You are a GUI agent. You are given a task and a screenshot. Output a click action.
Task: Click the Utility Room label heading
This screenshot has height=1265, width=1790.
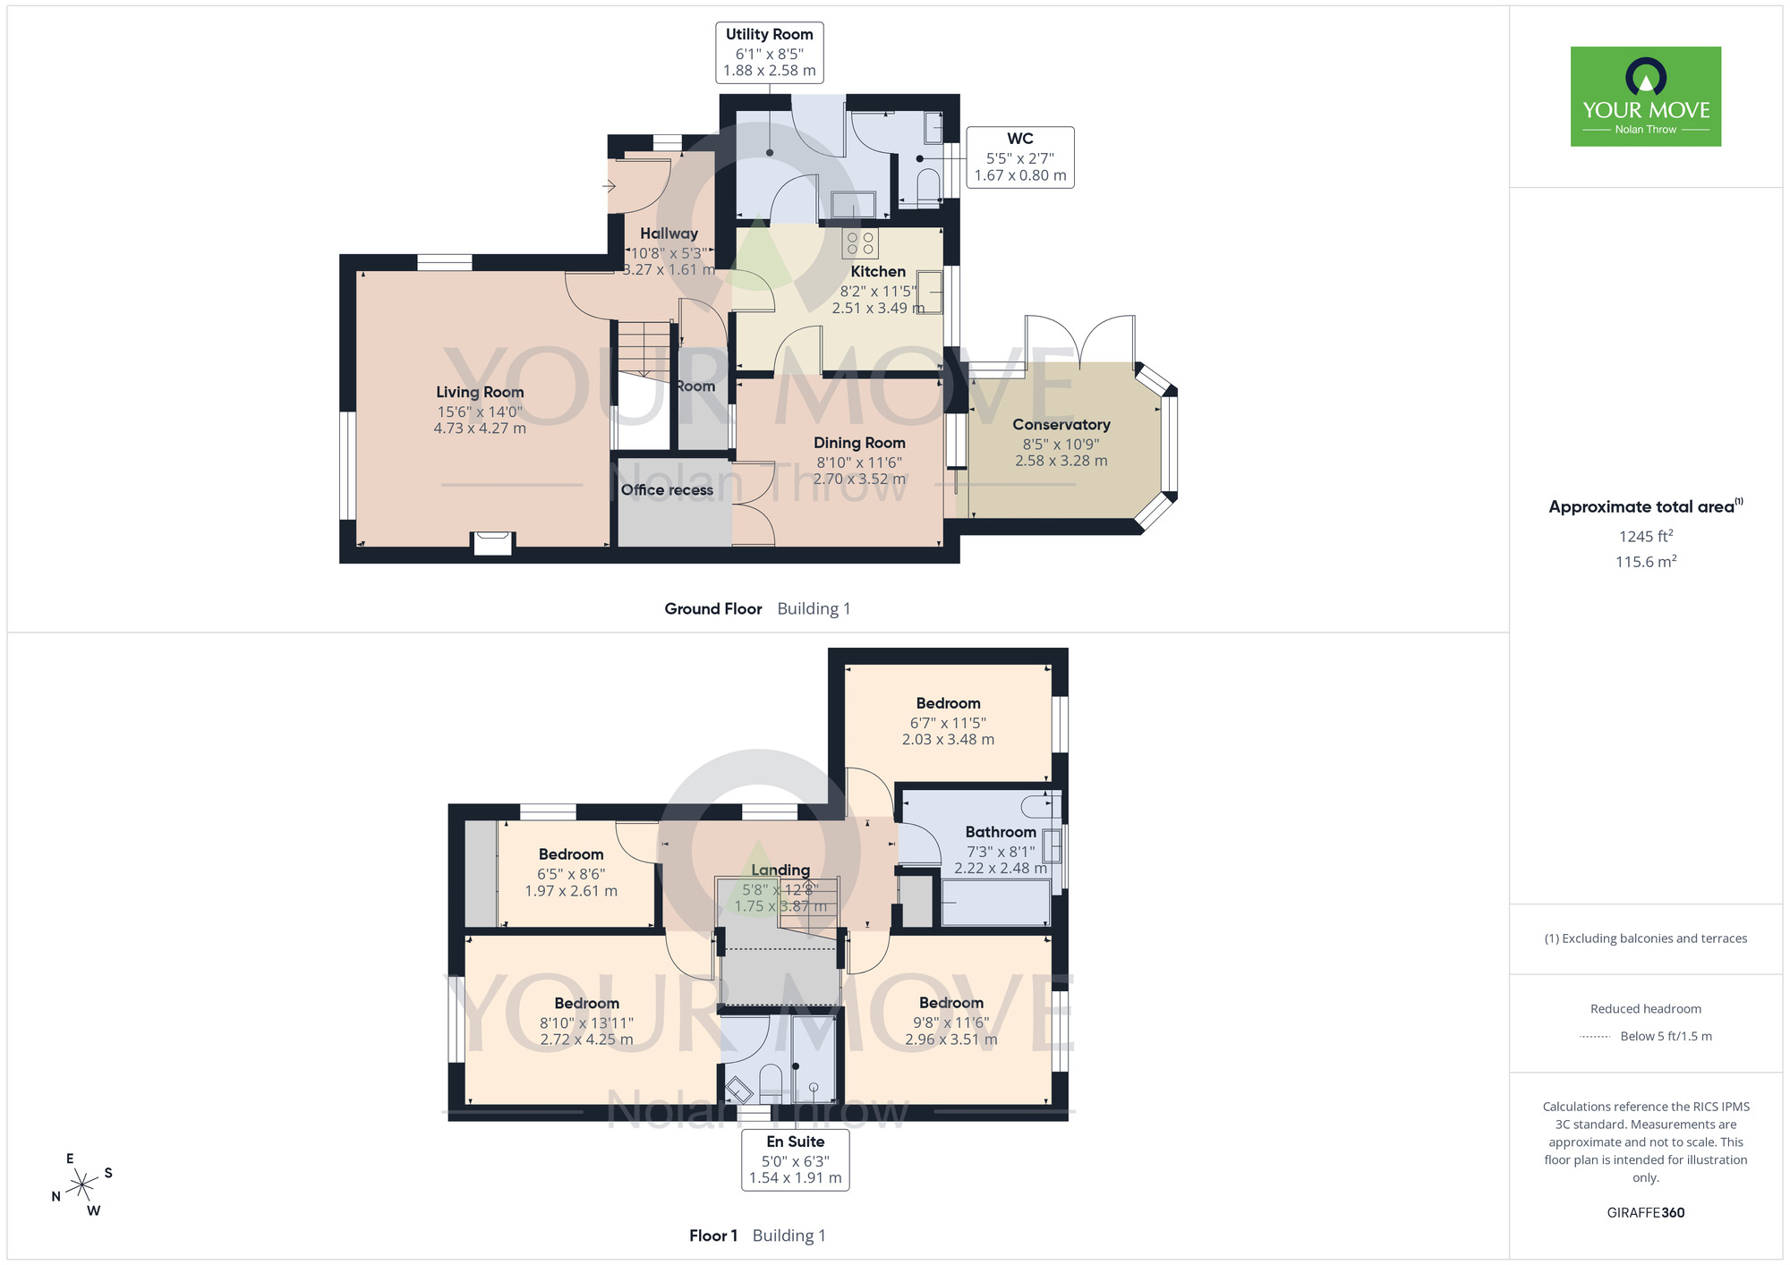tap(770, 34)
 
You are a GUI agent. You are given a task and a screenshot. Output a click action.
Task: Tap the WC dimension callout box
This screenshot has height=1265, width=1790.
tap(1020, 157)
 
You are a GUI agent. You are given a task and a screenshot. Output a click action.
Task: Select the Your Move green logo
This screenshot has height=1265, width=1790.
tap(1646, 97)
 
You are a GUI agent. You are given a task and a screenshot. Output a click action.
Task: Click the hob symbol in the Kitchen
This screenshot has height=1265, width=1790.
tap(860, 242)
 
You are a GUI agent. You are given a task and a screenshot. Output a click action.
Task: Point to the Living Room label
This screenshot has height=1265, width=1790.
tap(480, 392)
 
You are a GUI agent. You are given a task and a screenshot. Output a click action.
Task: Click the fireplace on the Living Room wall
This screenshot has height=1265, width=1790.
tap(492, 543)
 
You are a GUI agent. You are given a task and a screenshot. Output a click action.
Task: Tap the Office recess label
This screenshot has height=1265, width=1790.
tap(667, 489)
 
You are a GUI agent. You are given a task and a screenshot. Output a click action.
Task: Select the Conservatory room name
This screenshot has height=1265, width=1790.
tap(1061, 424)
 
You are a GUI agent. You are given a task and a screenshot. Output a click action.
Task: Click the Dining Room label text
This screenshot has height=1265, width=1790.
tap(859, 443)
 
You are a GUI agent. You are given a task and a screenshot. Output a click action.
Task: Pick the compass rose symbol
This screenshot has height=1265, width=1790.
tap(82, 1184)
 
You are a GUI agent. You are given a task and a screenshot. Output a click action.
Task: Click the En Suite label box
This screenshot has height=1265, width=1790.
tap(796, 1159)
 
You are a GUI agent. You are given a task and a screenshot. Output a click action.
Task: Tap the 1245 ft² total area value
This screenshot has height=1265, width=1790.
tap(1646, 536)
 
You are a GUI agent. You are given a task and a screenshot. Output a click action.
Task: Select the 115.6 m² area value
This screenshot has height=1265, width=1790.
tap(1646, 562)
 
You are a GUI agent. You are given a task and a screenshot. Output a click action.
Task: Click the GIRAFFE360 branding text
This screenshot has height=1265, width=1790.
tap(1646, 1213)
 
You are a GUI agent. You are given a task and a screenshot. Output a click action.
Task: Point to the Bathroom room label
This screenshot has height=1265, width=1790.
tap(1001, 832)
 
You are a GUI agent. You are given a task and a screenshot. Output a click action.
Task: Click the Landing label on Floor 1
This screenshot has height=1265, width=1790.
tap(780, 870)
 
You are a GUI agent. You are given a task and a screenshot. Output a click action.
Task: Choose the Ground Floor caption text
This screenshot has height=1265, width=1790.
tap(713, 608)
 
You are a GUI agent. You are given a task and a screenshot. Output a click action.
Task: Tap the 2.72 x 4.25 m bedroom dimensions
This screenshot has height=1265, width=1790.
tap(586, 1040)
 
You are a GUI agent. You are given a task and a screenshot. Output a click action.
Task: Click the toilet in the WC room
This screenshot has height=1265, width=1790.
tap(928, 185)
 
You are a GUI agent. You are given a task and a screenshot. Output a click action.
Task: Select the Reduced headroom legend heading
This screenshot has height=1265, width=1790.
tap(1646, 1009)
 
